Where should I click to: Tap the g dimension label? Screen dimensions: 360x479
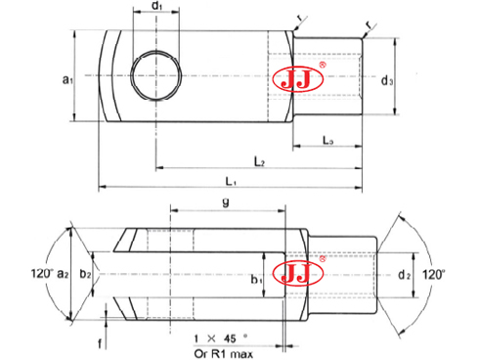[x=228, y=204]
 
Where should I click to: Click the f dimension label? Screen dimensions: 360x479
[x=100, y=342]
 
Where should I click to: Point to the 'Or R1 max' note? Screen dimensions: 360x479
[x=226, y=352]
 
